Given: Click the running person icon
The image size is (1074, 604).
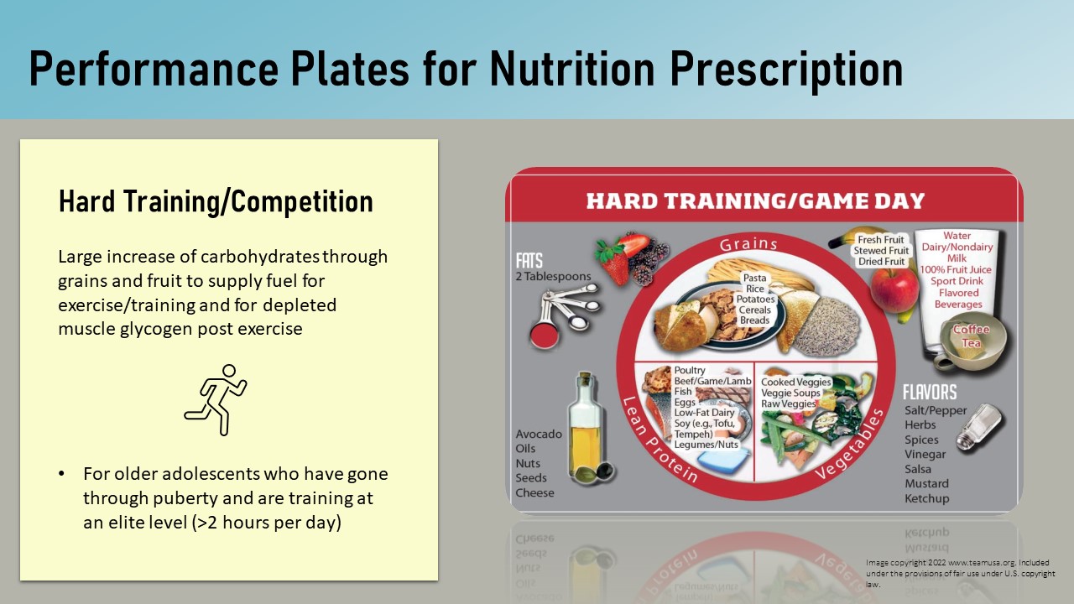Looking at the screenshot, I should pyautogui.click(x=216, y=399).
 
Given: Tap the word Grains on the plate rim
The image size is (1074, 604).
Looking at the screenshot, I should pyautogui.click(x=748, y=244).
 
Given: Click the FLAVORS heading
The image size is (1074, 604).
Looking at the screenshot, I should pyautogui.click(x=930, y=393).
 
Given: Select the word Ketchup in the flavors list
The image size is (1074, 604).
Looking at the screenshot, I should pyautogui.click(x=927, y=498).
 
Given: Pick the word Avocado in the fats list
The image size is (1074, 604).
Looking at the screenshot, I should pyautogui.click(x=539, y=434).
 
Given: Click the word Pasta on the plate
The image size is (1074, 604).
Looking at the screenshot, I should pyautogui.click(x=754, y=278).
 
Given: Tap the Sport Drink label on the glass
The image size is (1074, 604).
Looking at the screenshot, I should pyautogui.click(x=957, y=281).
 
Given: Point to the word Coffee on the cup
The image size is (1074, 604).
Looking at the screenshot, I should pyautogui.click(x=971, y=330).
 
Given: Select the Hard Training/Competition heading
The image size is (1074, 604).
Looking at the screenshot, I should pyautogui.click(x=216, y=201).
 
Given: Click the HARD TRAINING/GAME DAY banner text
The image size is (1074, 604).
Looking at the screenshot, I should pyautogui.click(x=755, y=201).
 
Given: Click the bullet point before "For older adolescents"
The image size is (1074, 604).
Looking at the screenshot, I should pyautogui.click(x=61, y=475).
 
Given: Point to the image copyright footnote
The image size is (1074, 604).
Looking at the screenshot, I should pyautogui.click(x=960, y=573).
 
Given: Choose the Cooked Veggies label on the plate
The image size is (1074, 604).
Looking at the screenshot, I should pyautogui.click(x=795, y=383).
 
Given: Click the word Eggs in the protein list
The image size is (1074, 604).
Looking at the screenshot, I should pyautogui.click(x=685, y=402).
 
